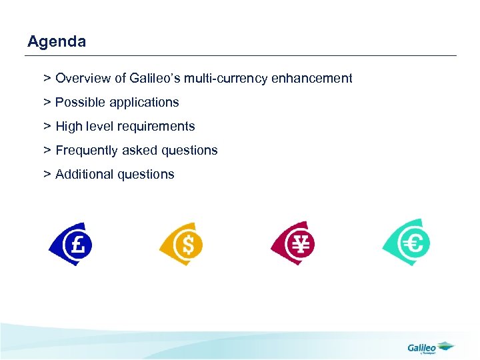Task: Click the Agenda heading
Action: point(57,42)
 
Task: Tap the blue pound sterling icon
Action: point(71,244)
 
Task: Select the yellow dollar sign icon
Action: point(181,244)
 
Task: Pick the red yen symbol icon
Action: point(293,243)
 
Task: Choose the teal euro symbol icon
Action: point(407,243)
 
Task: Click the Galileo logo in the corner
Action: point(429,347)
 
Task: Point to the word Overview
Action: point(83,79)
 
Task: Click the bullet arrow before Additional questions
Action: point(47,175)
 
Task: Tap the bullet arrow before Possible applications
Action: point(47,103)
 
